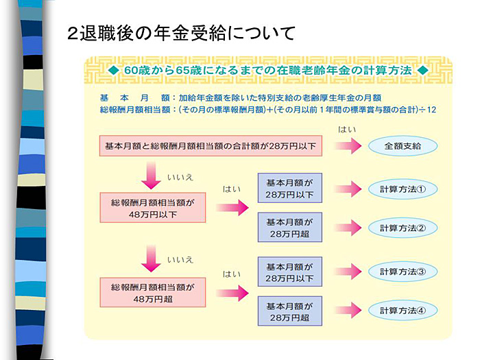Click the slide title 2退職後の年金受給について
(181, 32)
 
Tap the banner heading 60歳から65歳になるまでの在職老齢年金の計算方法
(267, 71)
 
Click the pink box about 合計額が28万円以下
(211, 146)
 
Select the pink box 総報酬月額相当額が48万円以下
(152, 209)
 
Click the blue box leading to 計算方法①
(289, 189)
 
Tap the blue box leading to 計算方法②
(289, 228)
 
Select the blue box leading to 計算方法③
(289, 272)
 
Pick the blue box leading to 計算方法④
(289, 311)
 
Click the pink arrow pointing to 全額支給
(348, 146)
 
